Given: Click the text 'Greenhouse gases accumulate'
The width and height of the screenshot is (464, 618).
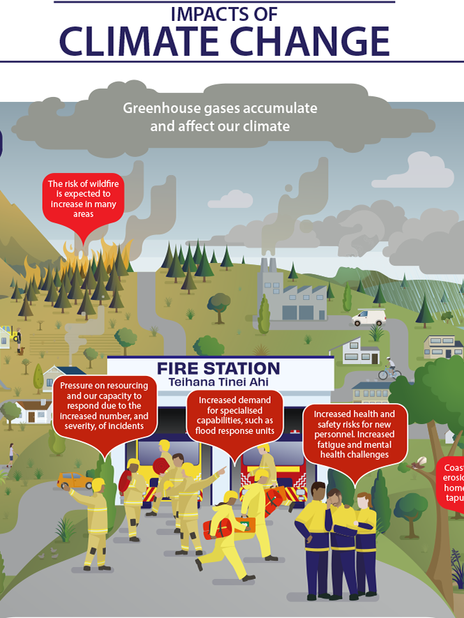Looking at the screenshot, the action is (x=220, y=109).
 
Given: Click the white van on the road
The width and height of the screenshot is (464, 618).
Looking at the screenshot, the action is (x=368, y=317).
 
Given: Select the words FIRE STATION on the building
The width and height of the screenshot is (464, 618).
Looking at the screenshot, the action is (x=218, y=368).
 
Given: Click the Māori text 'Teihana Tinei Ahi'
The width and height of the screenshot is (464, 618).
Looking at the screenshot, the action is (x=218, y=382).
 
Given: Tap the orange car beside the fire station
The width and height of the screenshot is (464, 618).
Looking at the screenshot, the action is (x=73, y=481).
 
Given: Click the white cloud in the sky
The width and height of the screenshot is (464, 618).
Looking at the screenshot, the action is (x=429, y=172).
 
